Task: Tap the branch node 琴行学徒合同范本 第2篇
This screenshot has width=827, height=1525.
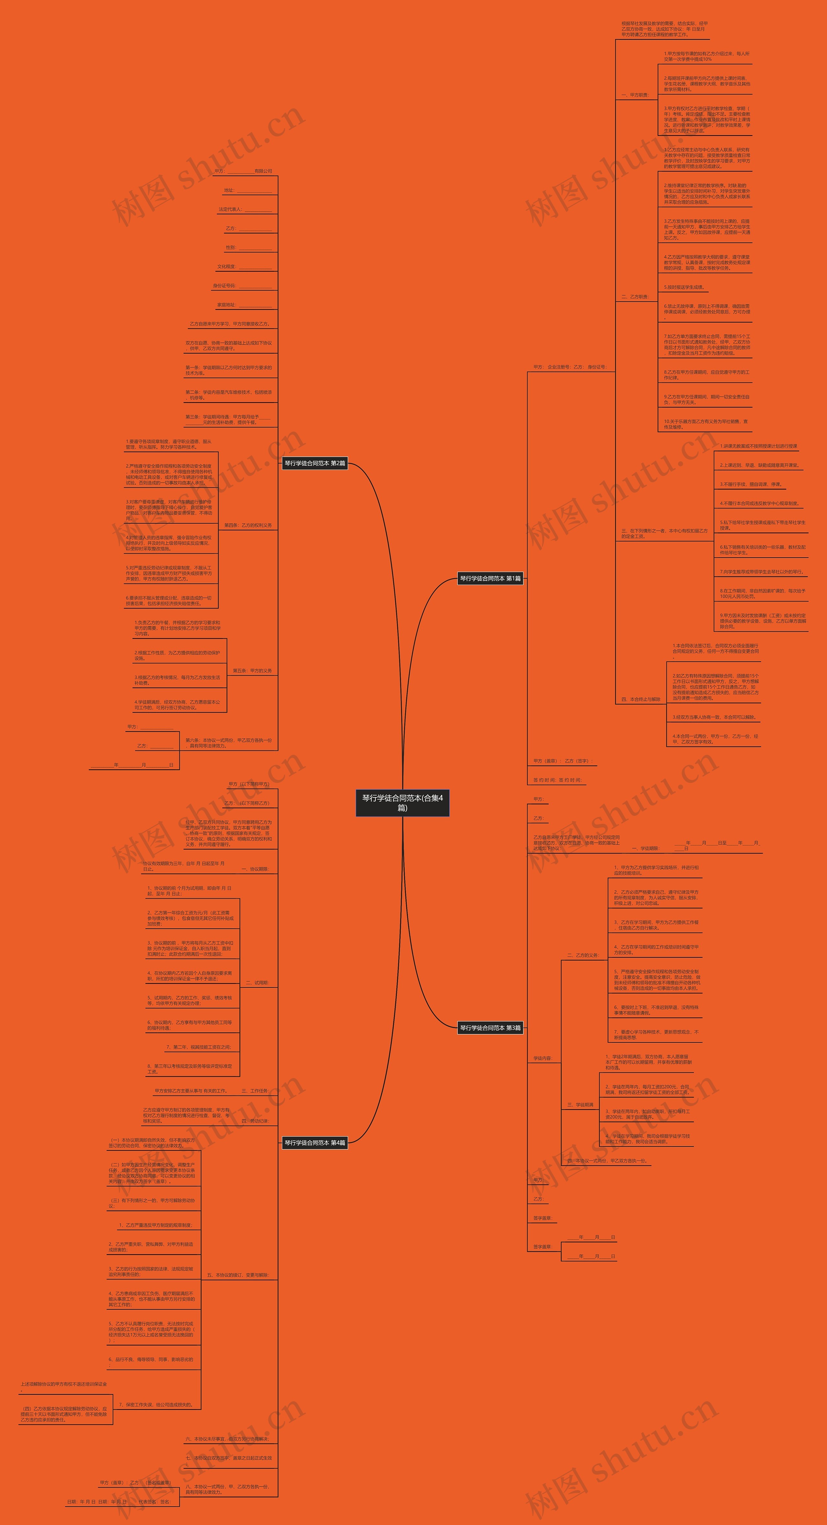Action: pos(315,463)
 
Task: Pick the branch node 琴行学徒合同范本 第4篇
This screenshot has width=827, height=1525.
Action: pos(315,1143)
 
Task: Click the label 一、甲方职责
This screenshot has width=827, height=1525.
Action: pos(635,95)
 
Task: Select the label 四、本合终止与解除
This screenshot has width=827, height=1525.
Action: pos(641,699)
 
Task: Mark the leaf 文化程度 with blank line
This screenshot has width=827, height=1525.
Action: pos(244,266)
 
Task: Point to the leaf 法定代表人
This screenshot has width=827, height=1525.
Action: pos(245,209)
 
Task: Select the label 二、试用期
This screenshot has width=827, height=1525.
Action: pos(257,983)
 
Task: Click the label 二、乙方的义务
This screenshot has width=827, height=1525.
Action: pos(583,955)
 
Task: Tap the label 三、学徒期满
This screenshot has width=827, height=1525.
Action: pos(580,1105)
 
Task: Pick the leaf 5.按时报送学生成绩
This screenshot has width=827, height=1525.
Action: pos(684,287)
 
